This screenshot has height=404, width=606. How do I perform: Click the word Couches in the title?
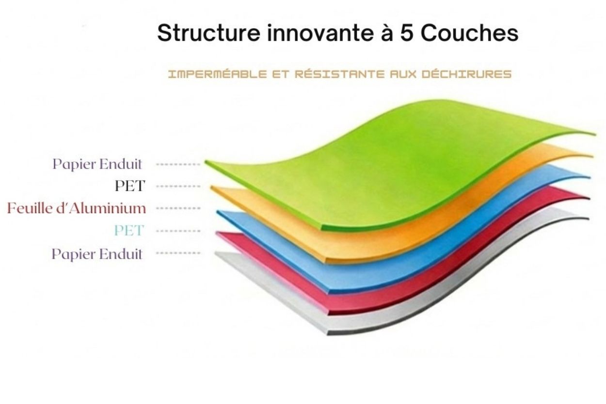coord(469,33)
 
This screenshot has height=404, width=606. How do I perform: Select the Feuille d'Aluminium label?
coord(76,208)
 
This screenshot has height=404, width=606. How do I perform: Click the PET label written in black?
coord(129,186)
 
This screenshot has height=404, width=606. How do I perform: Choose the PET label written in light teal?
coord(129,231)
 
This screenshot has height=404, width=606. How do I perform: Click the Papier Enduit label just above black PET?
coord(97,164)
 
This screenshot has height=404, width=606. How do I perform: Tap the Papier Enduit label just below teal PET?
coord(97,254)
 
